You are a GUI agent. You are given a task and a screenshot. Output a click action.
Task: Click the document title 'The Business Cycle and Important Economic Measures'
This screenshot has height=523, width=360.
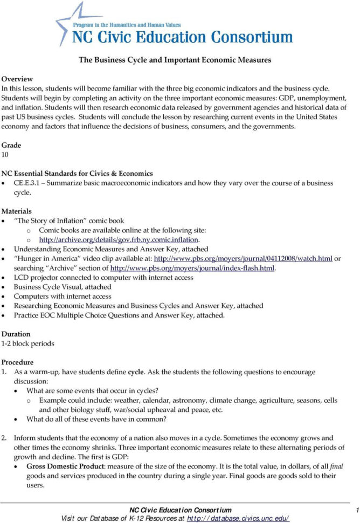(175, 60)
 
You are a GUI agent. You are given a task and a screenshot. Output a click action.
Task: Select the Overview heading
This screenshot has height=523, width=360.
(17, 79)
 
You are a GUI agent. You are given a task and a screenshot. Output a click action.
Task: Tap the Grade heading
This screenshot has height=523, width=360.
(11, 146)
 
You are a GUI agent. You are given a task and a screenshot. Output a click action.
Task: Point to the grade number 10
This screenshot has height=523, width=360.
(5, 155)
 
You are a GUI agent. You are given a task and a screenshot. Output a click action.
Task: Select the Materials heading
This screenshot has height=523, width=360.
(16, 211)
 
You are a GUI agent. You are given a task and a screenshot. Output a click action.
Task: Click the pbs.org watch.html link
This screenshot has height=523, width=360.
(243, 259)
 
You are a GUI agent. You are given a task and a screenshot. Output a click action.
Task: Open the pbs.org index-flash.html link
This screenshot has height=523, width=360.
(192, 268)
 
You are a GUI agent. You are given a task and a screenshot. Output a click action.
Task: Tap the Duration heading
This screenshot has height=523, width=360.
(16, 334)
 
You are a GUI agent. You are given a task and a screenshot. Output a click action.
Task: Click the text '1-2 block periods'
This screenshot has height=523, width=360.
(27, 343)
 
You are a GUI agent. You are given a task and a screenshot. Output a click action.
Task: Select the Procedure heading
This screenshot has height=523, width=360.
(17, 362)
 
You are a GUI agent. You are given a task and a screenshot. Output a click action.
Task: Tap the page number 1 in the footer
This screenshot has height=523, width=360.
(356, 510)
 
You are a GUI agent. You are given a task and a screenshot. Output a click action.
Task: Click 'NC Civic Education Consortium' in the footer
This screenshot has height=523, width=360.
(181, 510)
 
